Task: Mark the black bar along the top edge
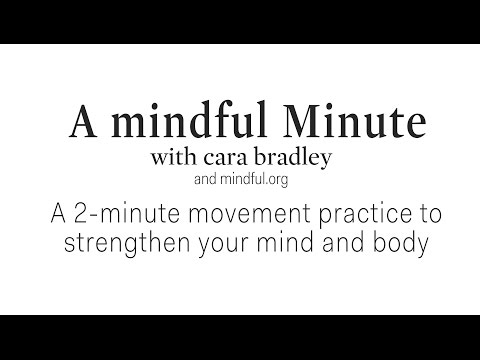point(240,21)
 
